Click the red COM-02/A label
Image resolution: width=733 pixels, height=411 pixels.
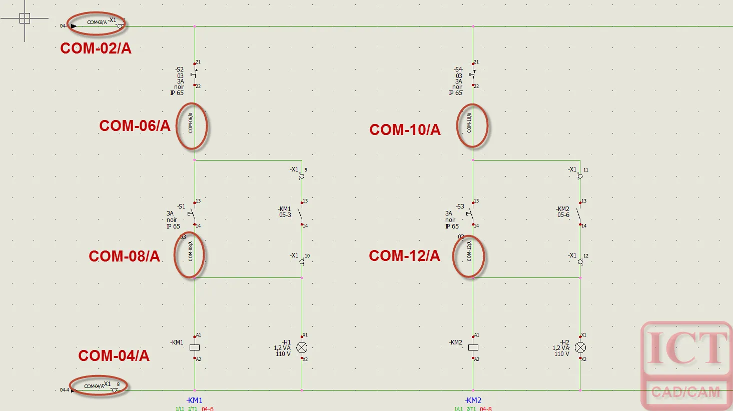point(96,48)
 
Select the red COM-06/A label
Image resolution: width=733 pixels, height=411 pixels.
point(135,125)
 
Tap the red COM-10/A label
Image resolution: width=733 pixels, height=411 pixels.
point(405,129)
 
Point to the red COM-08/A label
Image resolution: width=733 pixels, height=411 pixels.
point(124,256)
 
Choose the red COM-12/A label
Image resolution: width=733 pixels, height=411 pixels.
point(404,255)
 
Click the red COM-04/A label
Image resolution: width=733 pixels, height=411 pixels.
point(114,355)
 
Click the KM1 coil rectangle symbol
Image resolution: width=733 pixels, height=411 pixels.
point(195,347)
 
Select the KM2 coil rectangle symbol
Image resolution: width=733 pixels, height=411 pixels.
point(473,347)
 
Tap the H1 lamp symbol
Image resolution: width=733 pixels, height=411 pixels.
point(302,347)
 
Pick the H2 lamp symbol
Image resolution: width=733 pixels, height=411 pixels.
point(580,347)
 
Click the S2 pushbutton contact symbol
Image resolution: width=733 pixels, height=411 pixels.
point(194,74)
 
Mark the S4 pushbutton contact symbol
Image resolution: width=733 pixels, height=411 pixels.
point(472,74)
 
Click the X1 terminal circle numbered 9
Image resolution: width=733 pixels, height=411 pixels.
point(302,176)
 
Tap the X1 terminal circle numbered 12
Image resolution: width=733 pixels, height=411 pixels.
point(580,261)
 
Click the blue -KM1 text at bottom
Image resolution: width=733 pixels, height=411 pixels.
point(194,400)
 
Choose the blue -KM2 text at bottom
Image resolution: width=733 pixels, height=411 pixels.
point(473,400)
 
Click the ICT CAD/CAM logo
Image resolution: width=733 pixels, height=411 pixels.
point(686,365)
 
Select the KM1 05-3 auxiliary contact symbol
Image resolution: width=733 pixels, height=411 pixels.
point(301,213)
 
